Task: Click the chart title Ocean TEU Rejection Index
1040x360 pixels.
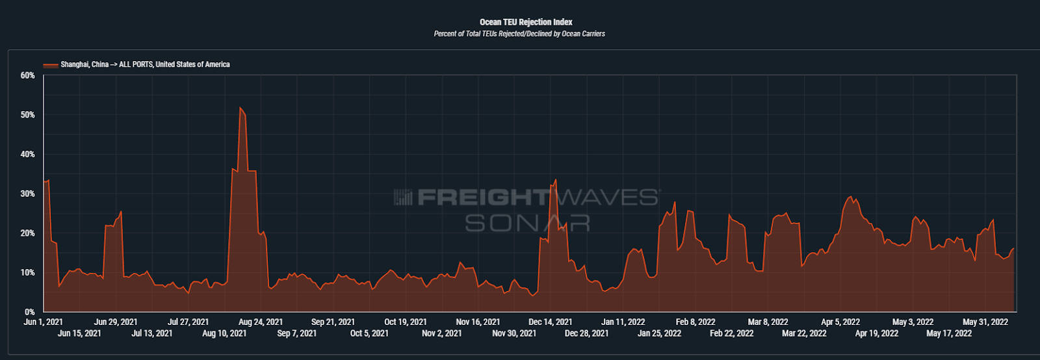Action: click(526, 22)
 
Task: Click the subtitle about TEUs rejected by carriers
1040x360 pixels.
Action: click(519, 34)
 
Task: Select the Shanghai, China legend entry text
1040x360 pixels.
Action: click(145, 64)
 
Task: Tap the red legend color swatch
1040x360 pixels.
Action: click(51, 65)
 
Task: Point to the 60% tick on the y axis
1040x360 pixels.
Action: click(28, 75)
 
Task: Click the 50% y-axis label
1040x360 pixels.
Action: click(28, 115)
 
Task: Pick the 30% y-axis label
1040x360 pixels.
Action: click(28, 194)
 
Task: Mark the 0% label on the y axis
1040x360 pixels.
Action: click(30, 312)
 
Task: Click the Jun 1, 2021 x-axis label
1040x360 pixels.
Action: click(43, 322)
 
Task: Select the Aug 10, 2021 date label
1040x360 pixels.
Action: click(224, 333)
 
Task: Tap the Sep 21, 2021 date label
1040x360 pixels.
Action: click(333, 322)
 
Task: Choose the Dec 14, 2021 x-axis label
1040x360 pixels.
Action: click(550, 322)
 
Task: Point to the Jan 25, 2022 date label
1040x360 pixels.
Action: click(659, 333)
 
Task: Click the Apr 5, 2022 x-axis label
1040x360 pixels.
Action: click(840, 322)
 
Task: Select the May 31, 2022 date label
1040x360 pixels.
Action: click(985, 322)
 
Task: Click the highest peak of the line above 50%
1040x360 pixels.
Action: click(240, 108)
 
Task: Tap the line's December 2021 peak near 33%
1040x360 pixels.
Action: click(555, 180)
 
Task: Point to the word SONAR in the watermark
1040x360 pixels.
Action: click(527, 224)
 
